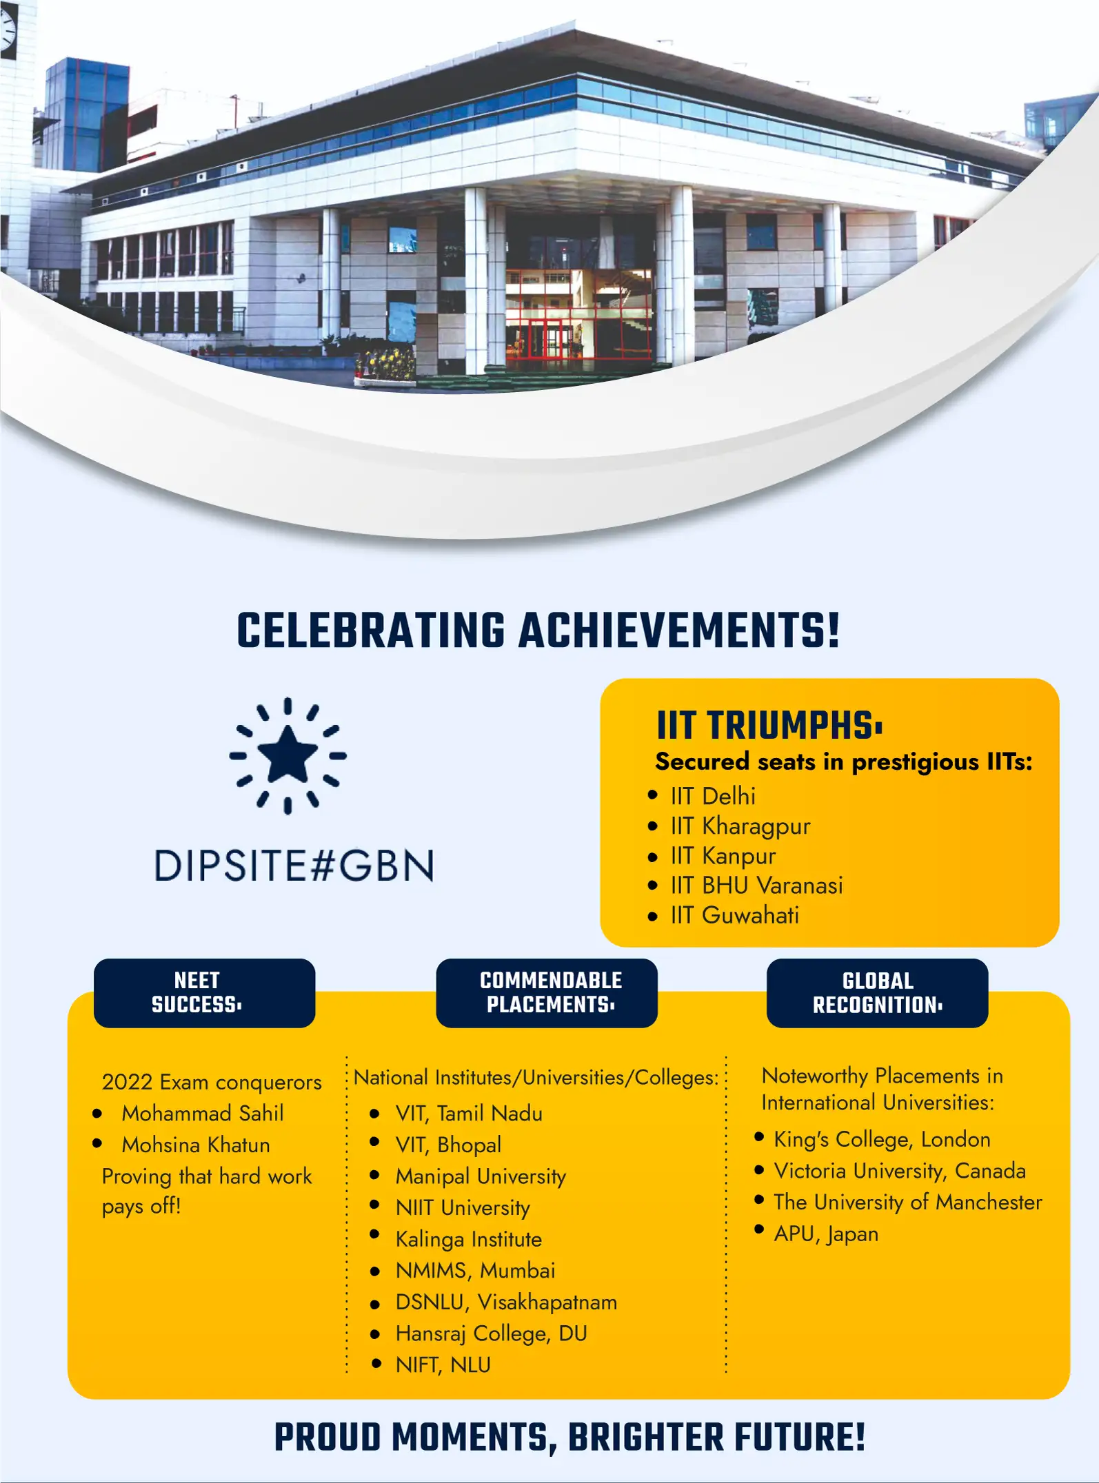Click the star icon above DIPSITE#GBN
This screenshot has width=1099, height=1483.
pos(288,756)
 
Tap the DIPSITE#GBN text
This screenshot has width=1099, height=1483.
pos(294,866)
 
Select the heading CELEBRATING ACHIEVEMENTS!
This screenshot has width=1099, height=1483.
pos(538,631)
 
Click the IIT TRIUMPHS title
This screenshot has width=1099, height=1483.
pos(769,725)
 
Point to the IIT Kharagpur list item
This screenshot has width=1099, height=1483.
pos(740,826)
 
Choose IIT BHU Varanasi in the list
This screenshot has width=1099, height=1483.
pos(756,886)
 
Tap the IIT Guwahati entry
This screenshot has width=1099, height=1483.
pos(734,915)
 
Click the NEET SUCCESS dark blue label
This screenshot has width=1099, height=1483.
pos(204,993)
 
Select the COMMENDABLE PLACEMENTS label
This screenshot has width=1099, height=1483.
pos(547,993)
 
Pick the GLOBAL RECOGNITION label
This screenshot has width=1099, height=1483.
pos(877,993)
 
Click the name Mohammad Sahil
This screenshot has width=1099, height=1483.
pos(203,1113)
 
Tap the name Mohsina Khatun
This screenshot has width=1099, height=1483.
pos(196,1145)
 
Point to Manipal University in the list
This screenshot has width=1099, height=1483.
pos(481,1177)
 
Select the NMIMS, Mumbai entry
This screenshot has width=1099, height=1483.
pos(475,1271)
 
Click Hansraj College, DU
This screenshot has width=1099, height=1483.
pos(491,1334)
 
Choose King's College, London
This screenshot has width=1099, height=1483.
pos(882,1140)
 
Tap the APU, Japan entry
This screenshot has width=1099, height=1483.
pos(826,1234)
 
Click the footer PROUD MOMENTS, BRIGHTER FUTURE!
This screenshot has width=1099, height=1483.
pos(569,1438)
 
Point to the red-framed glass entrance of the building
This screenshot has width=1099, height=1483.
pos(578,314)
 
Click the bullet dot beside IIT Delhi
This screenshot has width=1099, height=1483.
pos(653,796)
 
